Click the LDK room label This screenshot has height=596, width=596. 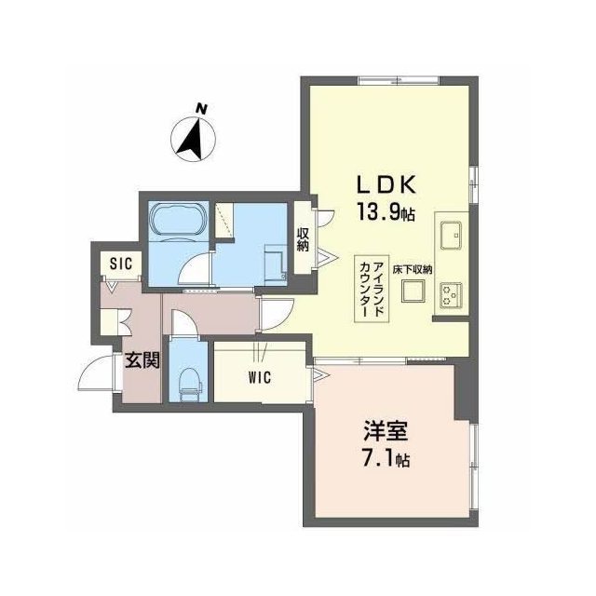point(386,185)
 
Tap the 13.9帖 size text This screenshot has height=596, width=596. point(386,211)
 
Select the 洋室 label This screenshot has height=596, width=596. point(386,430)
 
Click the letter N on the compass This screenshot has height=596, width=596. point(201,109)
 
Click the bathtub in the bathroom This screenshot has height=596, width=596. point(178,221)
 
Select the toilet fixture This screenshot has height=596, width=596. point(190,383)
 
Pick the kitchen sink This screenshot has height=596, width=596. point(451,236)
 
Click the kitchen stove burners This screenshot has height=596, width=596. point(451,295)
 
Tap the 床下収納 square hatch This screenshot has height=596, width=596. point(413,291)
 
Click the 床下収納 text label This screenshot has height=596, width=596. point(413,270)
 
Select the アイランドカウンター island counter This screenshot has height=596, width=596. point(372,289)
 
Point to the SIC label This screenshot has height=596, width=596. point(121,263)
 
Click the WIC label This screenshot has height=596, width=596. point(261,377)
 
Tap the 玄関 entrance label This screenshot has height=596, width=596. point(142,360)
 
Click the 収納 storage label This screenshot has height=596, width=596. point(303,239)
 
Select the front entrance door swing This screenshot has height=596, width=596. point(96,372)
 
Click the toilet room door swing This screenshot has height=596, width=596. point(184,323)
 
